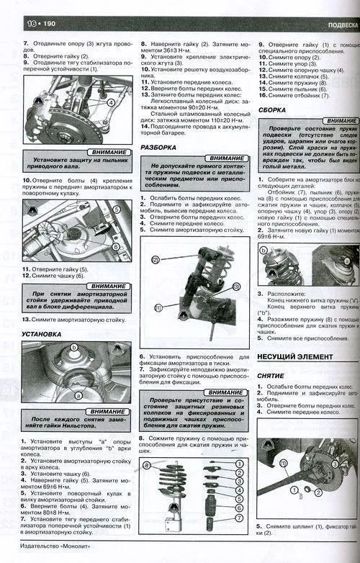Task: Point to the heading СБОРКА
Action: click(272, 111)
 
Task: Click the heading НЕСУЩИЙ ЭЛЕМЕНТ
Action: click(295, 357)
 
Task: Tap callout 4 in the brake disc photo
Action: click(111, 102)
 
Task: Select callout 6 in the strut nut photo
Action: click(116, 247)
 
